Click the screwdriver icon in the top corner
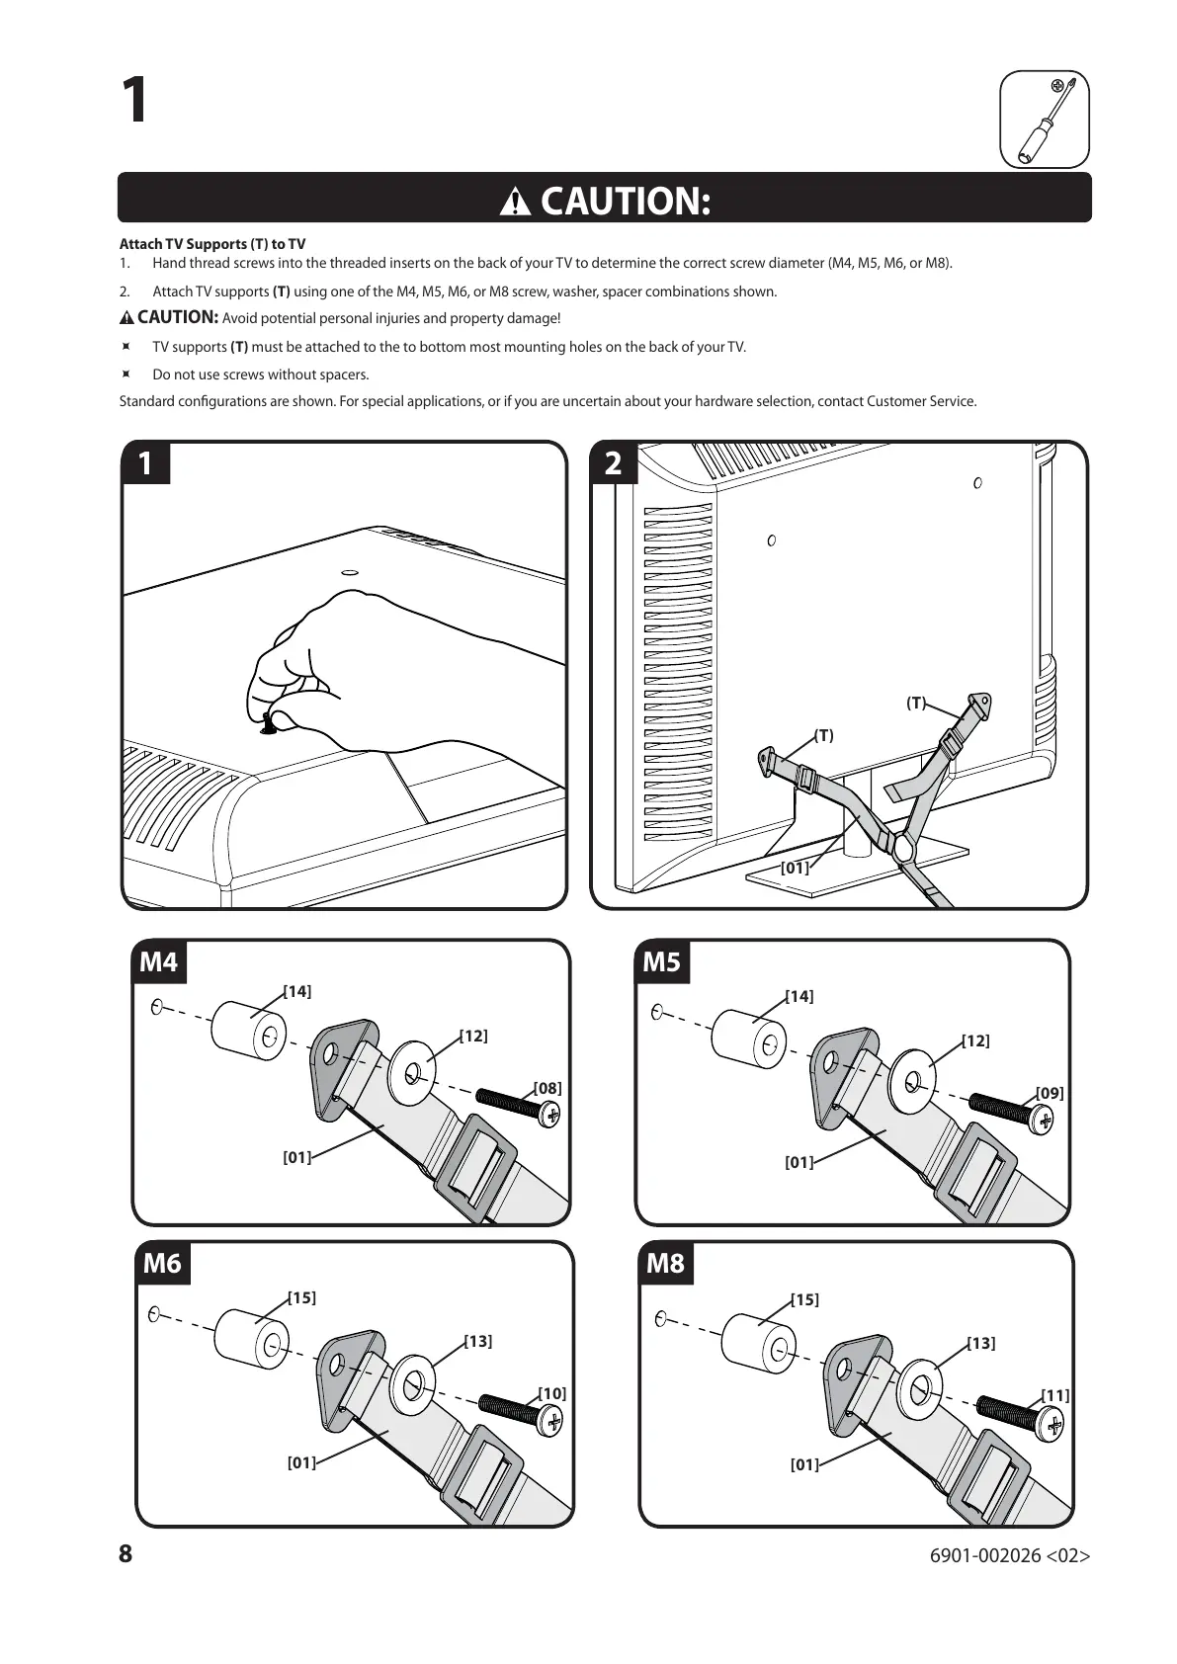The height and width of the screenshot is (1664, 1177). pyautogui.click(x=1045, y=120)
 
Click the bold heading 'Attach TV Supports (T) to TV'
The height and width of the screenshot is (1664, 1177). pyautogui.click(x=212, y=244)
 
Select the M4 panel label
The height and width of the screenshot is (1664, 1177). pyautogui.click(x=159, y=961)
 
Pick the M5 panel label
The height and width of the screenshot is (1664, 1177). pyautogui.click(x=661, y=961)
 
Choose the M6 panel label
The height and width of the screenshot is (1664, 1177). pyautogui.click(x=162, y=1264)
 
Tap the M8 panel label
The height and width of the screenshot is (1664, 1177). pyautogui.click(x=665, y=1264)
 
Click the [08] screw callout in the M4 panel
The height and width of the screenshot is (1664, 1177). pyautogui.click(x=547, y=1088)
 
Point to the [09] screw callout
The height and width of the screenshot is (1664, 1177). pyautogui.click(x=1050, y=1093)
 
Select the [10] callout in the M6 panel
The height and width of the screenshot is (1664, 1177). pyautogui.click(x=551, y=1393)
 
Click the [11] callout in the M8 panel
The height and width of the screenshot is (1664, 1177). pyautogui.click(x=1055, y=1395)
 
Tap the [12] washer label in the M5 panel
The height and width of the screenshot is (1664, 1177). pyautogui.click(x=975, y=1040)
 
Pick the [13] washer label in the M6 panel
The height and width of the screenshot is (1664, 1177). pyautogui.click(x=478, y=1341)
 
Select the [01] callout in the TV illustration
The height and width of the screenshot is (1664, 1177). pyautogui.click(x=795, y=868)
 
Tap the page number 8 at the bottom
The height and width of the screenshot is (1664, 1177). pyautogui.click(x=126, y=1554)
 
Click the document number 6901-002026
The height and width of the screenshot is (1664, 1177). pyautogui.click(x=984, y=1555)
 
